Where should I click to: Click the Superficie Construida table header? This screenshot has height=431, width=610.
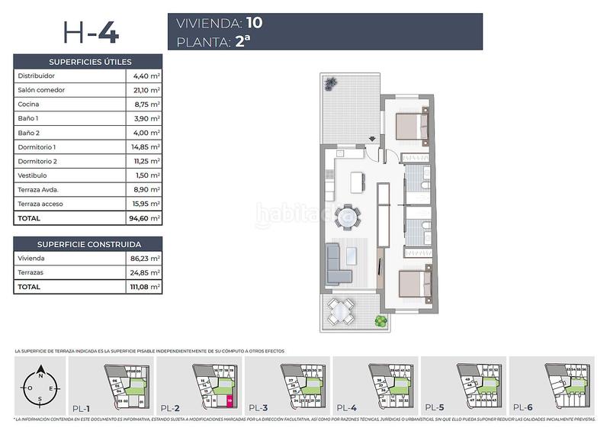[x=88, y=244]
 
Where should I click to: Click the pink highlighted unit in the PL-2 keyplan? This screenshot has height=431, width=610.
[x=229, y=397]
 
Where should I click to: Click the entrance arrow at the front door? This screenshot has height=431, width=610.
[x=371, y=140]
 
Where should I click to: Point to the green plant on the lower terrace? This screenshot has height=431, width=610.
[x=379, y=323]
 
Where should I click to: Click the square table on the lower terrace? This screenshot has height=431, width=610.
[x=342, y=309]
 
